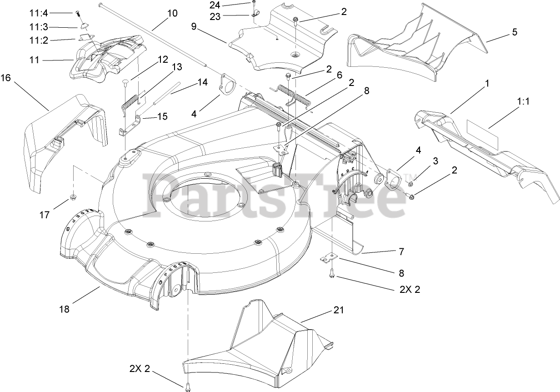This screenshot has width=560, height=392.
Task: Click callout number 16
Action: (x=6, y=78)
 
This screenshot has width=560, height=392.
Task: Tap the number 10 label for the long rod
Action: (x=172, y=13)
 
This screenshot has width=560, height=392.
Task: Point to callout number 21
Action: (x=339, y=311)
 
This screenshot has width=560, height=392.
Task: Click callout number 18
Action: (x=64, y=309)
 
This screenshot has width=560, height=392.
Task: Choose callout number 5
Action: (x=514, y=32)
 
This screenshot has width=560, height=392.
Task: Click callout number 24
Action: (x=215, y=5)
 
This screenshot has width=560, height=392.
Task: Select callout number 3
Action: (x=435, y=161)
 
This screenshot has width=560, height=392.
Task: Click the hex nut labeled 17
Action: (x=72, y=197)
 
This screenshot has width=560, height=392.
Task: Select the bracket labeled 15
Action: (x=130, y=125)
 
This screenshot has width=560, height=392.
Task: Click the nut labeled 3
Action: (x=410, y=184)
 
